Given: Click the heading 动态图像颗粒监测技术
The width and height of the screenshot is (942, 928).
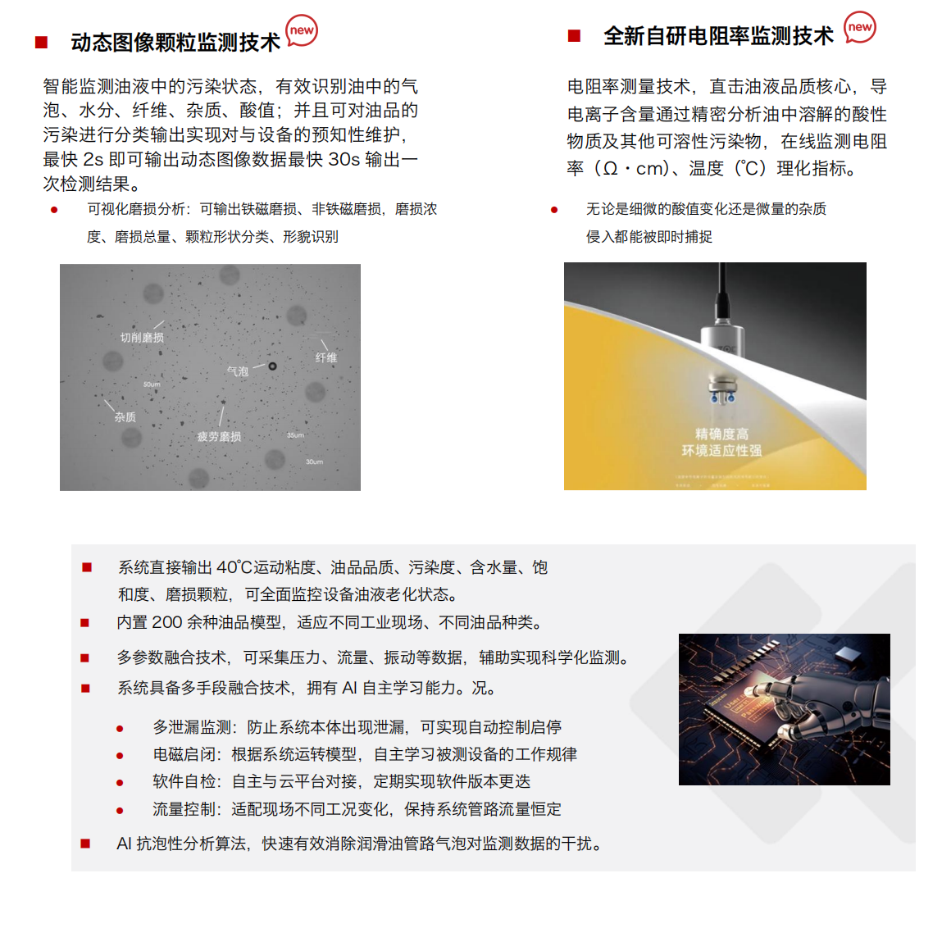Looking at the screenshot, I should point(175,43).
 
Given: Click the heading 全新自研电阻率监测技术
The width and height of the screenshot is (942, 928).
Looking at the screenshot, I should point(718,36).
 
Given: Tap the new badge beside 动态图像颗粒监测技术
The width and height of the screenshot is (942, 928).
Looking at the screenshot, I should point(302,30).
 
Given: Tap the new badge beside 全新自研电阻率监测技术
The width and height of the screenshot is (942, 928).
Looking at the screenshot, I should point(859,27).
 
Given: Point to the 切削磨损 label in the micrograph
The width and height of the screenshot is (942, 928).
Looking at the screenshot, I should point(142,337).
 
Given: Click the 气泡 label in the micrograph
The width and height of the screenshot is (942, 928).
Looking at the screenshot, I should point(238,371).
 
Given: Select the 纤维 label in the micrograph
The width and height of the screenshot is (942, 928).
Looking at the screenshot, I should point(326,357).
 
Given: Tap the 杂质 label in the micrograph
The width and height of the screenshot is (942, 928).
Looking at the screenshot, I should point(125,417).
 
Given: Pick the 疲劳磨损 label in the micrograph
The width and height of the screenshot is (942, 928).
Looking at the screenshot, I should point(219,437).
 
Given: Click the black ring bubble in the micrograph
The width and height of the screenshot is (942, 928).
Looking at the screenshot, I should point(272,366).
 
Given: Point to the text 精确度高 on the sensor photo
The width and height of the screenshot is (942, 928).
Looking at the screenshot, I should point(721,434).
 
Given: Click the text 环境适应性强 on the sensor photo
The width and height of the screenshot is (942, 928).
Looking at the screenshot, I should point(721,450).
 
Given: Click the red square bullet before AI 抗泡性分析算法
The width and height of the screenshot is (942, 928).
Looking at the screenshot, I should point(85,844).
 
